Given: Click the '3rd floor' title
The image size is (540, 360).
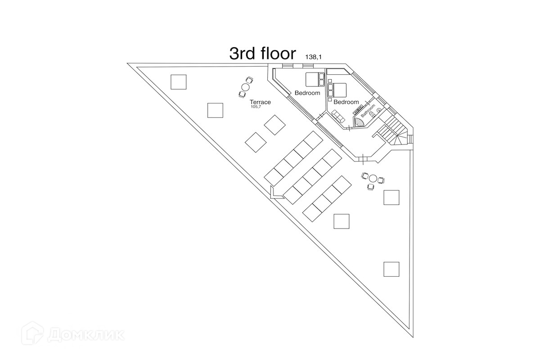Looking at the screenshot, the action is pyautogui.click(x=262, y=53).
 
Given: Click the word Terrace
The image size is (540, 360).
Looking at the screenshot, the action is pyautogui.click(x=260, y=102).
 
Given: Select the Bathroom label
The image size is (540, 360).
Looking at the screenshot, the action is pyautogui.click(x=368, y=111).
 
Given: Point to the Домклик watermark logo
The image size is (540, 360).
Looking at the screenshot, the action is pyautogui.click(x=75, y=334).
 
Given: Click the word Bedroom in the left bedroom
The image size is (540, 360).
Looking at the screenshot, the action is pyautogui.click(x=307, y=93).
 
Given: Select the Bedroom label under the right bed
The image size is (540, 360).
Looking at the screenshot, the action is pyautogui.click(x=346, y=102).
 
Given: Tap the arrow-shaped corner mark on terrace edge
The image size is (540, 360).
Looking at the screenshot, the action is pyautogui.click(x=274, y=192).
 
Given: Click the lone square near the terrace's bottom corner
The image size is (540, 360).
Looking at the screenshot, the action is pyautogui.click(x=391, y=269).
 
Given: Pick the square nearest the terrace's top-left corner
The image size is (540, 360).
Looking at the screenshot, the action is pyautogui.click(x=179, y=81).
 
